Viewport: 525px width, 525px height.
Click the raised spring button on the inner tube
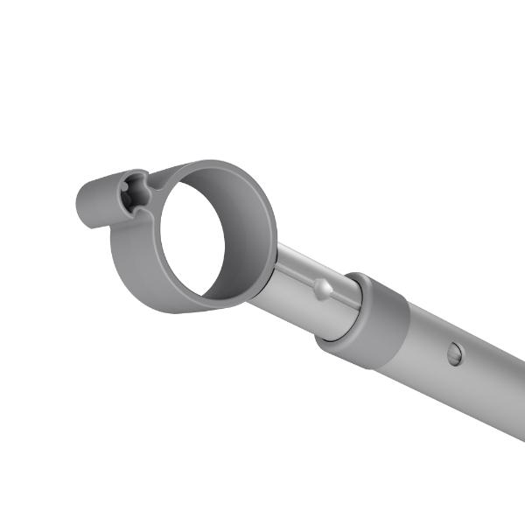[x=324, y=288]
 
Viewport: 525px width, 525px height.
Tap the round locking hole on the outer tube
[x=454, y=353]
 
